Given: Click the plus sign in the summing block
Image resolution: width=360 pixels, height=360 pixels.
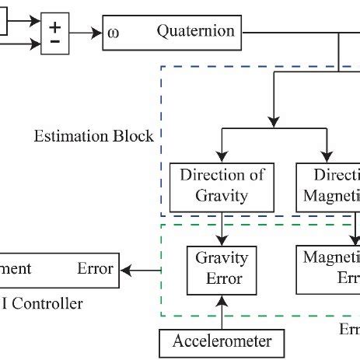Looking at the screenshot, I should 55,26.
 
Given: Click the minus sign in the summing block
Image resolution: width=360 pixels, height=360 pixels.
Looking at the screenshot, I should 55,42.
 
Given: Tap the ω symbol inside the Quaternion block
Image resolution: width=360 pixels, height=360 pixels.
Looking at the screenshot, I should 114,33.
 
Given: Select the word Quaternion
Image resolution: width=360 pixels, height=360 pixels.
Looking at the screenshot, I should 195,32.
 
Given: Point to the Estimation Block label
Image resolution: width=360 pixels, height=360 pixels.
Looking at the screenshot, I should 93,136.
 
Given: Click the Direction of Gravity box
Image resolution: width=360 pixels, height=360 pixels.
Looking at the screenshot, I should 222,186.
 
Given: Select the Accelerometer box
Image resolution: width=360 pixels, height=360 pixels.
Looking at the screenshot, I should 222,341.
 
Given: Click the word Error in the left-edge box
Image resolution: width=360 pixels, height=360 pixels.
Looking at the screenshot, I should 95,269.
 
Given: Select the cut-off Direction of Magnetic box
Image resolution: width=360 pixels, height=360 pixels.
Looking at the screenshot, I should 328,186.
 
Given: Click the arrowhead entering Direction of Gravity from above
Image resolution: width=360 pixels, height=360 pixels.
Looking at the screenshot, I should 222,158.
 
